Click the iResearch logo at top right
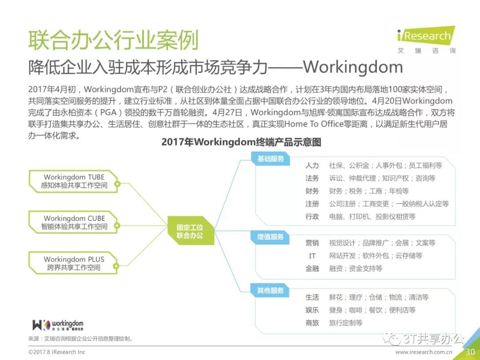tap(426, 40)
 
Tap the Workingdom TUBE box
tap(74, 181)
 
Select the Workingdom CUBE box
tap(74, 222)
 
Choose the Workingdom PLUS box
tap(74, 263)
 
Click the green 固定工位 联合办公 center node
tap(190, 231)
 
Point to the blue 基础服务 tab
tap(270, 159)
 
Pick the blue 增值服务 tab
tap(270, 236)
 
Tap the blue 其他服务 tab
tap(270, 290)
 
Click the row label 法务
tap(312, 178)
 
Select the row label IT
tap(312, 256)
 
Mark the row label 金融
tap(312, 268)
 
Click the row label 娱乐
tap(312, 310)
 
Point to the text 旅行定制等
tap(346, 323)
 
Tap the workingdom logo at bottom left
tap(58, 325)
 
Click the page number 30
tap(470, 352)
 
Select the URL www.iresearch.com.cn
tap(424, 352)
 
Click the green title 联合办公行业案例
tap(114, 40)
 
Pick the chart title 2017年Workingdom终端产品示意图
tap(241, 142)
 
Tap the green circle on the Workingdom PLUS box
tap(116, 266)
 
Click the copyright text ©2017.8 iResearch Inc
tap(56, 352)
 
